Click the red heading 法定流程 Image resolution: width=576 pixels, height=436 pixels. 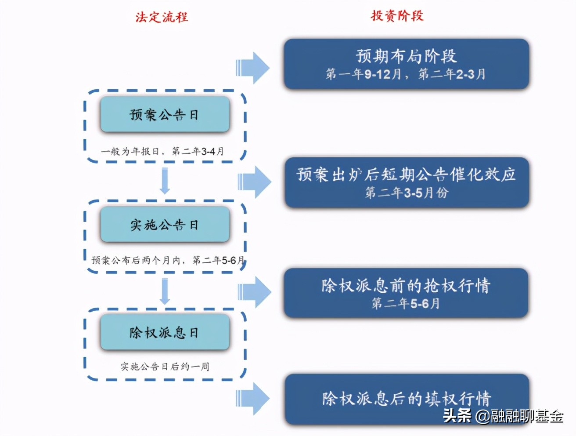(x=162, y=17)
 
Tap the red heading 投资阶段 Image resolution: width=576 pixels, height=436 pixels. (x=397, y=16)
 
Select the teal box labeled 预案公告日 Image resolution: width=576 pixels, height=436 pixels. (x=165, y=115)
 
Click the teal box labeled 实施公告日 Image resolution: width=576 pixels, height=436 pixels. (x=165, y=225)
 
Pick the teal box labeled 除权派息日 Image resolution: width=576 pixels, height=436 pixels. (x=165, y=332)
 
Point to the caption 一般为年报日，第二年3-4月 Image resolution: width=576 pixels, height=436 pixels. (x=163, y=151)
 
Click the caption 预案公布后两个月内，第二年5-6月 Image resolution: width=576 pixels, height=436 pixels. (x=168, y=260)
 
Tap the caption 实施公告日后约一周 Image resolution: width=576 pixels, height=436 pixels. (x=165, y=366)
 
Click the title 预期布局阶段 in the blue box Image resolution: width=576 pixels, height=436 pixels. (x=406, y=56)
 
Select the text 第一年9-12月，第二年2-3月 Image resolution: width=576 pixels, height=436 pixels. (x=406, y=74)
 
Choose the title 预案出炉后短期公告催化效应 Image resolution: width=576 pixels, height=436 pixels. (x=406, y=174)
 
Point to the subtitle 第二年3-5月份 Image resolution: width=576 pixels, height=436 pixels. (x=407, y=193)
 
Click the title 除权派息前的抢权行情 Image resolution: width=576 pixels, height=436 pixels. (x=406, y=286)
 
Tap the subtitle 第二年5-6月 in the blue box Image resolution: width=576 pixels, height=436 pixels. (x=406, y=303)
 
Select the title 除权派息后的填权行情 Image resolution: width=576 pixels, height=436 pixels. (x=406, y=398)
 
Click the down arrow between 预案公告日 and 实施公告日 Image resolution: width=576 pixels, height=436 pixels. (x=165, y=181)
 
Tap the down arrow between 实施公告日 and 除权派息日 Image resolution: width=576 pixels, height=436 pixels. (x=165, y=291)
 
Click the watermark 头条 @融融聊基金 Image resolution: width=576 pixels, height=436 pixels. (x=503, y=415)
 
